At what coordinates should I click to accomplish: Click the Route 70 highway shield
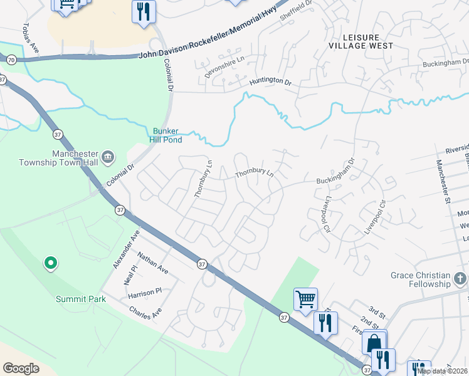[11, 60]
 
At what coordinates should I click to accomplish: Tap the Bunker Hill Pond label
[168, 135]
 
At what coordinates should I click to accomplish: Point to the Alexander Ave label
[126, 249]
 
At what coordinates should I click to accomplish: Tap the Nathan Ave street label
[153, 263]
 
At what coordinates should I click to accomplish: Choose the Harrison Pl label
[144, 291]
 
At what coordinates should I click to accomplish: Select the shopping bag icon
[374, 342]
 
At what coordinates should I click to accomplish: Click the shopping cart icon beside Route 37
[305, 299]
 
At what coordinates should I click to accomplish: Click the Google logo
[21, 368]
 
